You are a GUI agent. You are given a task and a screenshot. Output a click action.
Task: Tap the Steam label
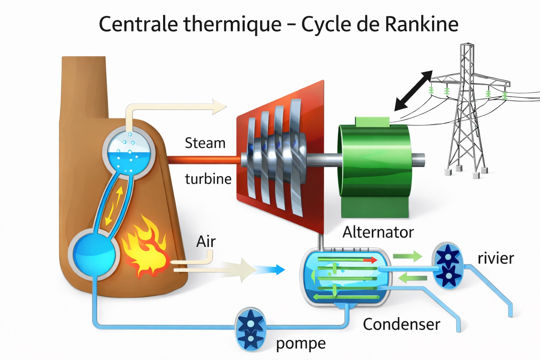pyautogui.click(x=205, y=143)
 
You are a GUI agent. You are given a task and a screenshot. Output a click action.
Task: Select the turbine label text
pyautogui.click(x=208, y=179)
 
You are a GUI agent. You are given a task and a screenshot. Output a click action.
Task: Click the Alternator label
pyautogui.click(x=378, y=232)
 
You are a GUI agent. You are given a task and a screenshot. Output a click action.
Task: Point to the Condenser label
pyautogui.click(x=401, y=324)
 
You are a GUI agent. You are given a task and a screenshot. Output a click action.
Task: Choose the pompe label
pyautogui.click(x=301, y=343)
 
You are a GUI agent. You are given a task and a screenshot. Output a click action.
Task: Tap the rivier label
pyautogui.click(x=495, y=258)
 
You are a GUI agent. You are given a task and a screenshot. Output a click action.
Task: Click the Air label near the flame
pyautogui.click(x=206, y=242)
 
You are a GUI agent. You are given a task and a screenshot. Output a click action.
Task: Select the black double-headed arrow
pyautogui.click(x=413, y=90)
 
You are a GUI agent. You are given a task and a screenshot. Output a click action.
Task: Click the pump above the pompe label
pyautogui.click(x=250, y=329)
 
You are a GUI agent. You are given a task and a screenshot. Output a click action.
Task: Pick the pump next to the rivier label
pyautogui.click(x=448, y=265)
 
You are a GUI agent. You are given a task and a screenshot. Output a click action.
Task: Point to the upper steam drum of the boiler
pyautogui.click(x=129, y=153)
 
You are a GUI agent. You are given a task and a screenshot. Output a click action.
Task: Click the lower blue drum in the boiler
pyautogui.click(x=94, y=254)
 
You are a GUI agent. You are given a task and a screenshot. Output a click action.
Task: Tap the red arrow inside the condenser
pyautogui.click(x=369, y=260)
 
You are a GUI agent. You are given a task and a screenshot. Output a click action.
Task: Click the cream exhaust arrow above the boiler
pyautogui.click(x=218, y=106)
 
